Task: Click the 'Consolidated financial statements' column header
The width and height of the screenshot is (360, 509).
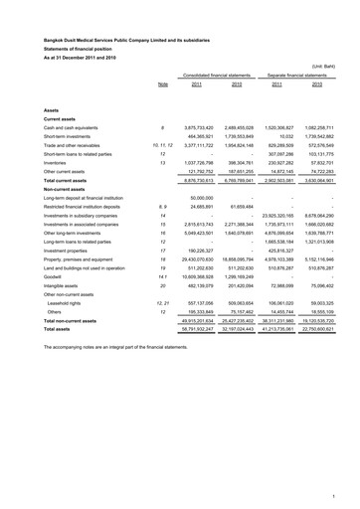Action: (x=215, y=75)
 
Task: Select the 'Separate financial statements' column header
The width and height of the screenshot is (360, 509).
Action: (x=300, y=75)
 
